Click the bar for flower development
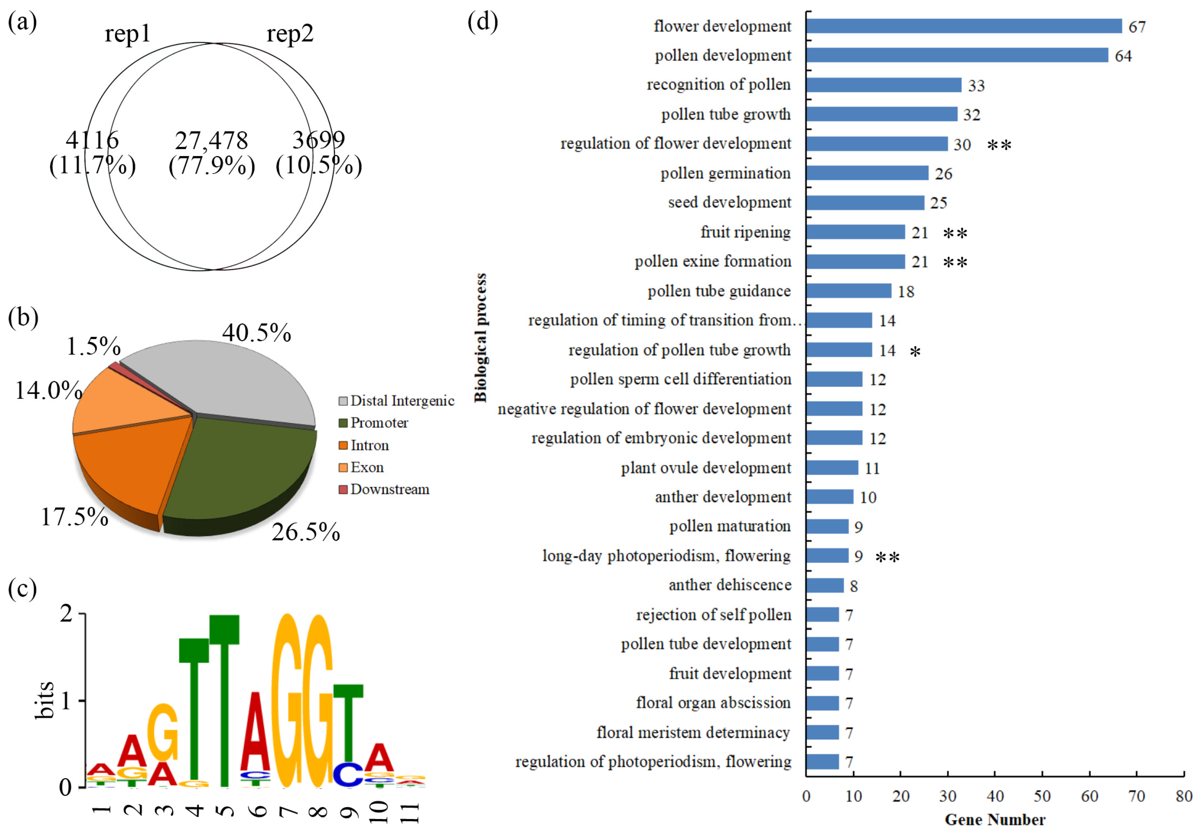tap(964, 26)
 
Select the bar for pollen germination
tap(867, 173)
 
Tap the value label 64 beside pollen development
tap(1123, 56)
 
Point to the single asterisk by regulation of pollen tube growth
tap(915, 352)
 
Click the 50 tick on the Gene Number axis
tap(1042, 797)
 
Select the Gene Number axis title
tap(995, 820)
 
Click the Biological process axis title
tap(480, 338)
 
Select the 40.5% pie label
tap(256, 333)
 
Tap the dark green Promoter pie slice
tap(235, 471)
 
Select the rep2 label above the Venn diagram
tap(290, 34)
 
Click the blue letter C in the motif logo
tap(348, 773)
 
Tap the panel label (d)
tap(482, 22)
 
